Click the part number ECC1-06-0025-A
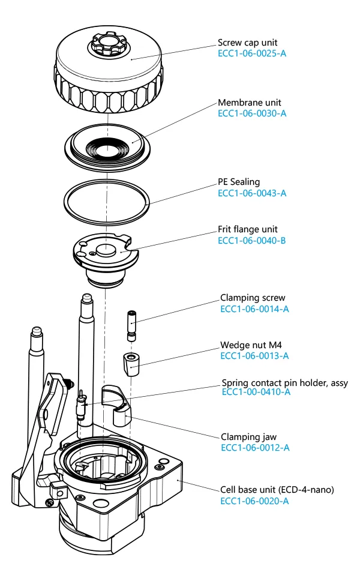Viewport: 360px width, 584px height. (251, 53)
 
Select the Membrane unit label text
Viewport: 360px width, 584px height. (249, 103)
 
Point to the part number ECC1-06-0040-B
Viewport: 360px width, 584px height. (251, 240)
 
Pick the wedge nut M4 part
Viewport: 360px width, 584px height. (130, 363)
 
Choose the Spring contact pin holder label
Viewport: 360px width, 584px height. (284, 382)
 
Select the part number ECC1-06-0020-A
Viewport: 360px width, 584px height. (254, 501)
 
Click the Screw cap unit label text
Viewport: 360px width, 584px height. (248, 43)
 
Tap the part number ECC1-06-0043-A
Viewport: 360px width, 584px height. (251, 193)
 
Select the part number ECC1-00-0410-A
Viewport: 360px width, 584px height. (256, 392)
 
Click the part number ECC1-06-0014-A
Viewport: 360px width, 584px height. (254, 309)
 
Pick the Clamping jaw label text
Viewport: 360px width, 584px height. (248, 437)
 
